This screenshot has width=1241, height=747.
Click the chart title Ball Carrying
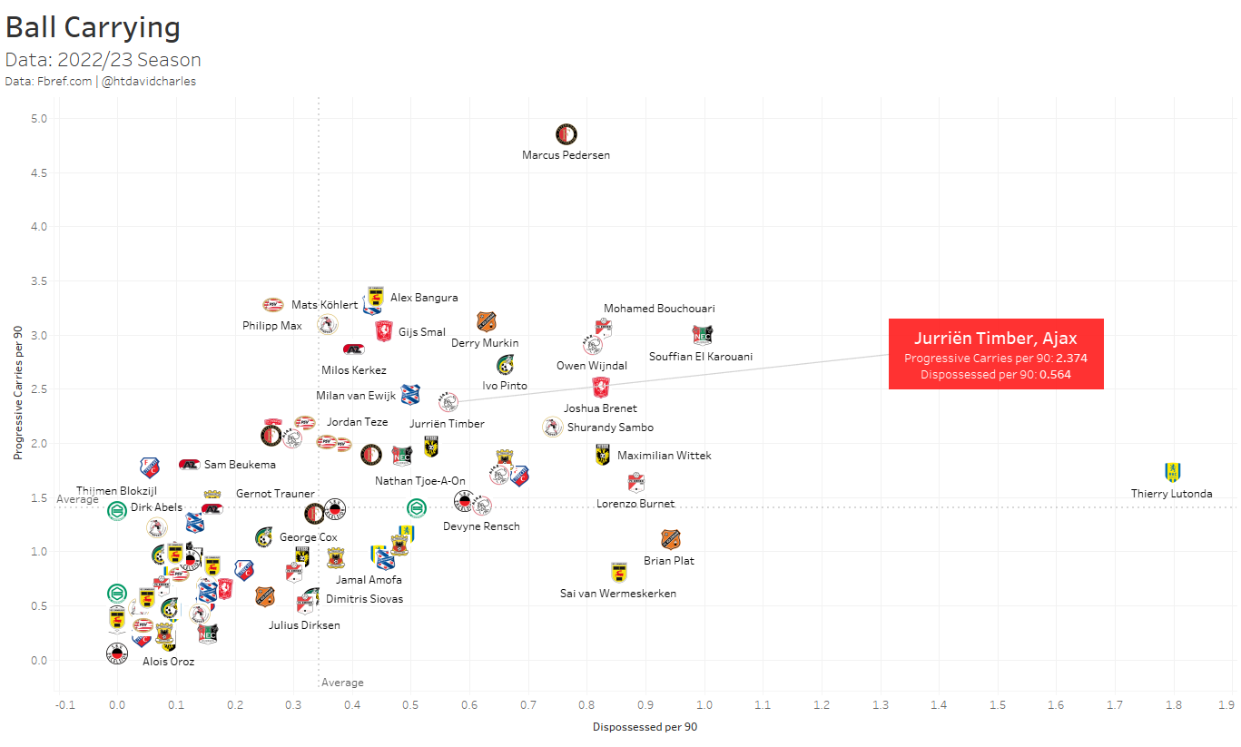coord(93,27)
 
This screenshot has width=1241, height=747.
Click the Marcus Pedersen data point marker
coord(566,134)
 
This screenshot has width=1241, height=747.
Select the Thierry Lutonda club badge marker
coord(1172,472)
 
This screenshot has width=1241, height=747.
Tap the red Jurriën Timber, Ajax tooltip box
coord(996,354)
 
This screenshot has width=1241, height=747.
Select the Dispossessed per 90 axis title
coord(645,727)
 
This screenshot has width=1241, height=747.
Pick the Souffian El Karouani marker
coord(703,335)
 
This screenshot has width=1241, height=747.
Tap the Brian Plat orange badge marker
coord(670,539)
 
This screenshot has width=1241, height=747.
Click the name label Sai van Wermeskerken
coord(617,594)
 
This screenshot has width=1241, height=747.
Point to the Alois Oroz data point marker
coord(117,653)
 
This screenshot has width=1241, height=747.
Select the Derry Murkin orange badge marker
coord(487,321)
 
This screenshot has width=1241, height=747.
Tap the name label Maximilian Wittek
coord(664,456)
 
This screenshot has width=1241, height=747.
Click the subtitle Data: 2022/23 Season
coord(103,60)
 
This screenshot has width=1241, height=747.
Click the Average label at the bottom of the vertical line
coord(342,683)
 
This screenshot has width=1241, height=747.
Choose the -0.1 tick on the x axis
coord(64,703)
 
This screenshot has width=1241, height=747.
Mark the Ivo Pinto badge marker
coord(506,365)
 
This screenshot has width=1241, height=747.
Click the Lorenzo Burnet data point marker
coord(635,482)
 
